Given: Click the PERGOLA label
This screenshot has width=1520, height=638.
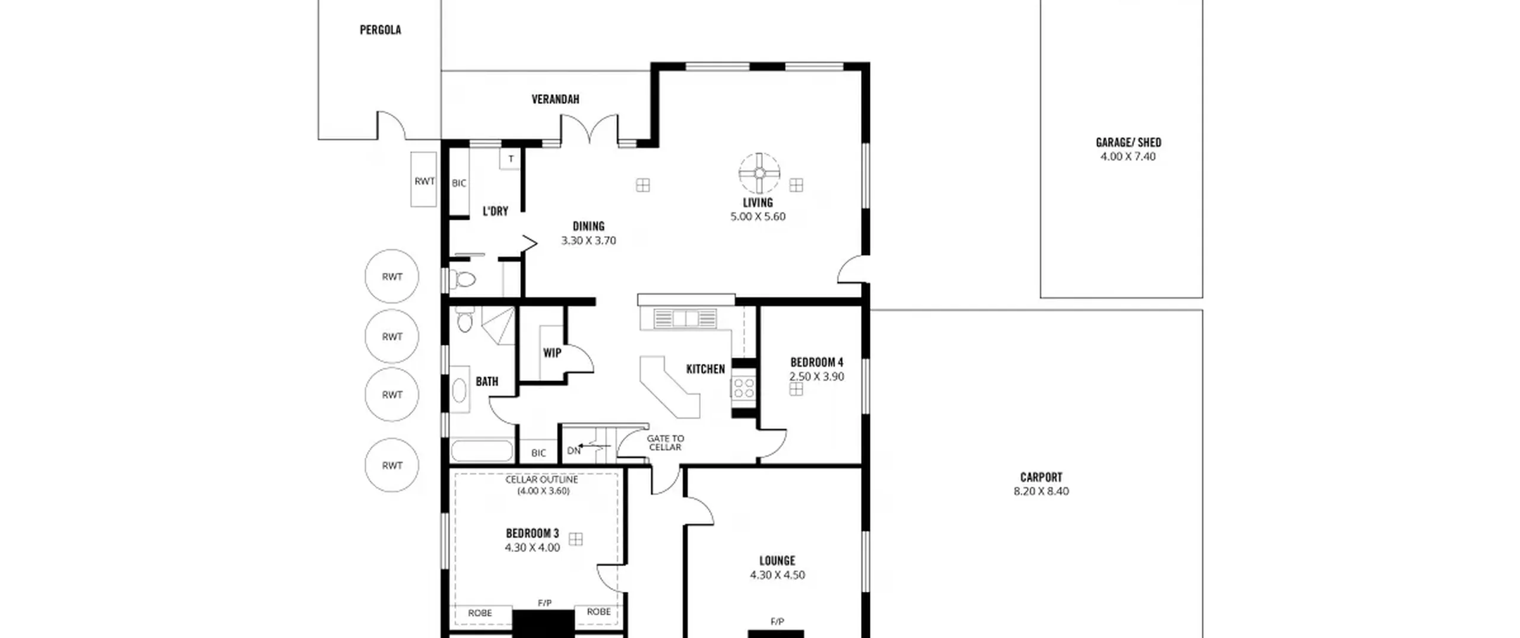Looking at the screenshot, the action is coord(380,30).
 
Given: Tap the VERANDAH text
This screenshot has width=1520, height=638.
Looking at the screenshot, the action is coord(555,99).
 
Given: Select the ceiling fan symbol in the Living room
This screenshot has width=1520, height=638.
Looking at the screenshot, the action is coord(759,173).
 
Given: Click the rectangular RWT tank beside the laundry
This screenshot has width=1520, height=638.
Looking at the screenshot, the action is coord(424,180).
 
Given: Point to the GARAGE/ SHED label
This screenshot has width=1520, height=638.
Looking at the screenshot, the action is coord(1128,142).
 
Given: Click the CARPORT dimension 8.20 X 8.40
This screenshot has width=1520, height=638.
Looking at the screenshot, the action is coord(1041,491).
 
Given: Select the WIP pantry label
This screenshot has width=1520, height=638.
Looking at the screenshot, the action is coord(552,353).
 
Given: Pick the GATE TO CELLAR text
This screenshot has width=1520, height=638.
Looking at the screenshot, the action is coord(665,443).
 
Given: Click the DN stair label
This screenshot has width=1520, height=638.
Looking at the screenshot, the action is coord(574,451).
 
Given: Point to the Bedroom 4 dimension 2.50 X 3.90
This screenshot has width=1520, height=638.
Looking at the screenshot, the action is coord(816,376).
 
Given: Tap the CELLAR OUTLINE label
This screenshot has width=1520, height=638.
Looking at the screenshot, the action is coord(541,480).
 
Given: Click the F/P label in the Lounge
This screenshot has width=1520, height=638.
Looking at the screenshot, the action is coord(777,621).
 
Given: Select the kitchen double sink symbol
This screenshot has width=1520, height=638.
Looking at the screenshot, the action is coord(685,319).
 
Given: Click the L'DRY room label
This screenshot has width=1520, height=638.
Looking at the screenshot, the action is coord(495,211).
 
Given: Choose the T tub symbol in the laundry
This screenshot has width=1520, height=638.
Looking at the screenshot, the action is coord(511,159).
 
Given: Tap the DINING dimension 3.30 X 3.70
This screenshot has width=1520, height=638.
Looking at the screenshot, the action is coord(588,240).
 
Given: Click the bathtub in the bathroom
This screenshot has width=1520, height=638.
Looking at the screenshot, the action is coord(482,451).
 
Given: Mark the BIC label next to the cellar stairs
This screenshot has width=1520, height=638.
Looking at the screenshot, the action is coord(539,453).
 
